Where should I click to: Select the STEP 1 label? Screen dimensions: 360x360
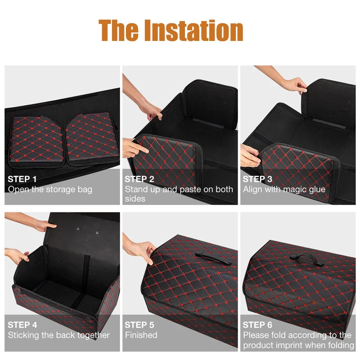pos(22,179)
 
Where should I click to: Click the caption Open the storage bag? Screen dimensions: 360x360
pos(50,189)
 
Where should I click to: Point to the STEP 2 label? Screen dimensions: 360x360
pos(139,179)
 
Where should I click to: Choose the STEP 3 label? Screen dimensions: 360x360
pos(257,179)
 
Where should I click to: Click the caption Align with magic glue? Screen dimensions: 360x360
pos(284,189)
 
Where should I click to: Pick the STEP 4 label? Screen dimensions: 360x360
pos(22,324)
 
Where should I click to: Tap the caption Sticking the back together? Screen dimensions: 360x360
pos(58,335)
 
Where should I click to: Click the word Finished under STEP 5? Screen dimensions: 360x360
pos(141,335)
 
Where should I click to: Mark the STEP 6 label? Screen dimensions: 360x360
pos(257,324)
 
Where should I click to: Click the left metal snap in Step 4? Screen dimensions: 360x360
pos(78,229)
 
